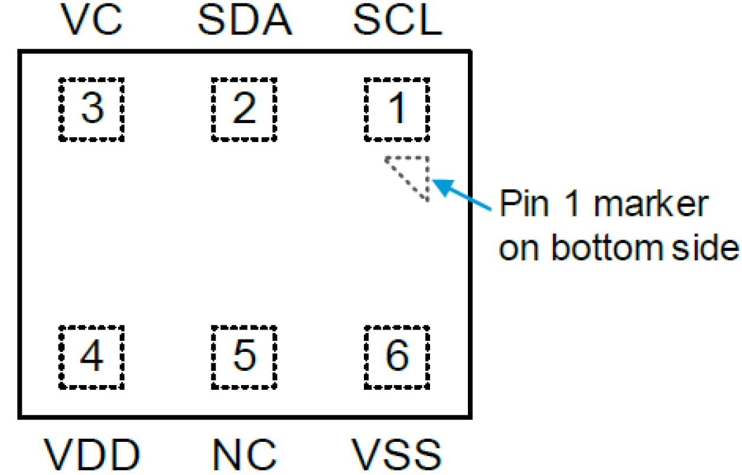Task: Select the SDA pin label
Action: tap(244, 21)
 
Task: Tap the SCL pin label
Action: tap(396, 21)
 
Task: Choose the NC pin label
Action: tap(244, 455)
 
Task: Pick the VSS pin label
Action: tap(396, 455)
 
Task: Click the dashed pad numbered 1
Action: tap(396, 109)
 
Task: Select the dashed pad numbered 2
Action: tap(244, 109)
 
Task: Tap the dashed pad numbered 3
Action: tap(92, 109)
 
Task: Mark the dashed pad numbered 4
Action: tap(92, 357)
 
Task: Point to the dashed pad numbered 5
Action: tap(244, 357)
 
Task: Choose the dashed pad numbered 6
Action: tap(396, 357)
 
